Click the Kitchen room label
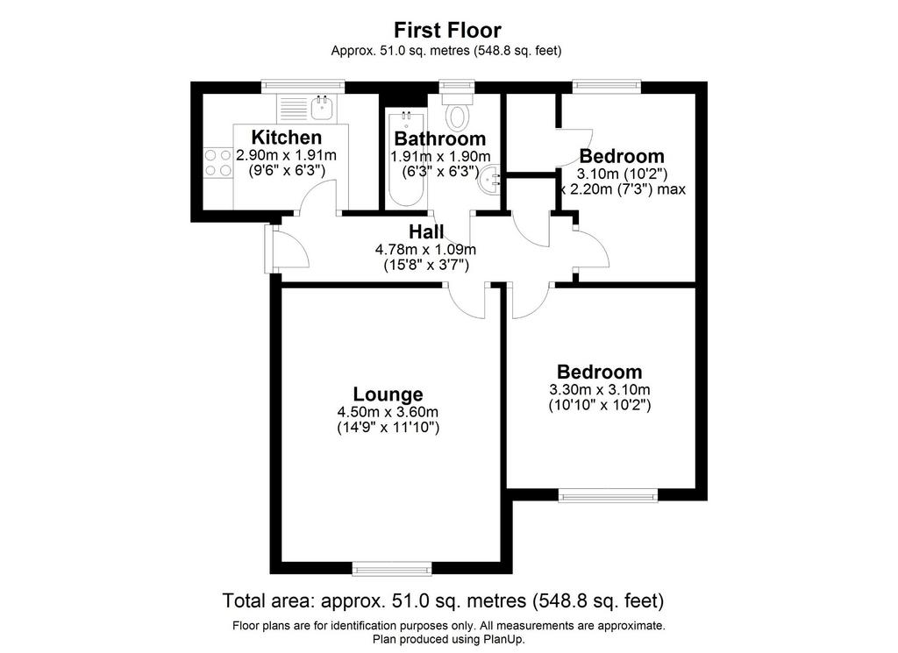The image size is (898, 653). point(287,138)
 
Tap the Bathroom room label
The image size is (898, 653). point(440,138)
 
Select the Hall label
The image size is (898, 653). point(426,231)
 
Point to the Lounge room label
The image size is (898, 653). point(388,394)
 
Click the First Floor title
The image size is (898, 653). point(447,30)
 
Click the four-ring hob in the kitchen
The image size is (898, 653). point(217,162)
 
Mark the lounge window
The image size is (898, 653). point(392,568)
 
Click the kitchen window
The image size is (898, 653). point(303,87)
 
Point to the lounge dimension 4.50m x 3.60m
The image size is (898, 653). point(388,412)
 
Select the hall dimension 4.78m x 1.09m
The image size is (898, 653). point(425,250)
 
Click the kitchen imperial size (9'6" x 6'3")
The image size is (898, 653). point(287,170)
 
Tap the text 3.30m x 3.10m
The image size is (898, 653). point(600,390)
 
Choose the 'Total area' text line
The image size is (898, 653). point(443,601)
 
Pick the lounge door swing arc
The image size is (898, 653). point(467,302)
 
